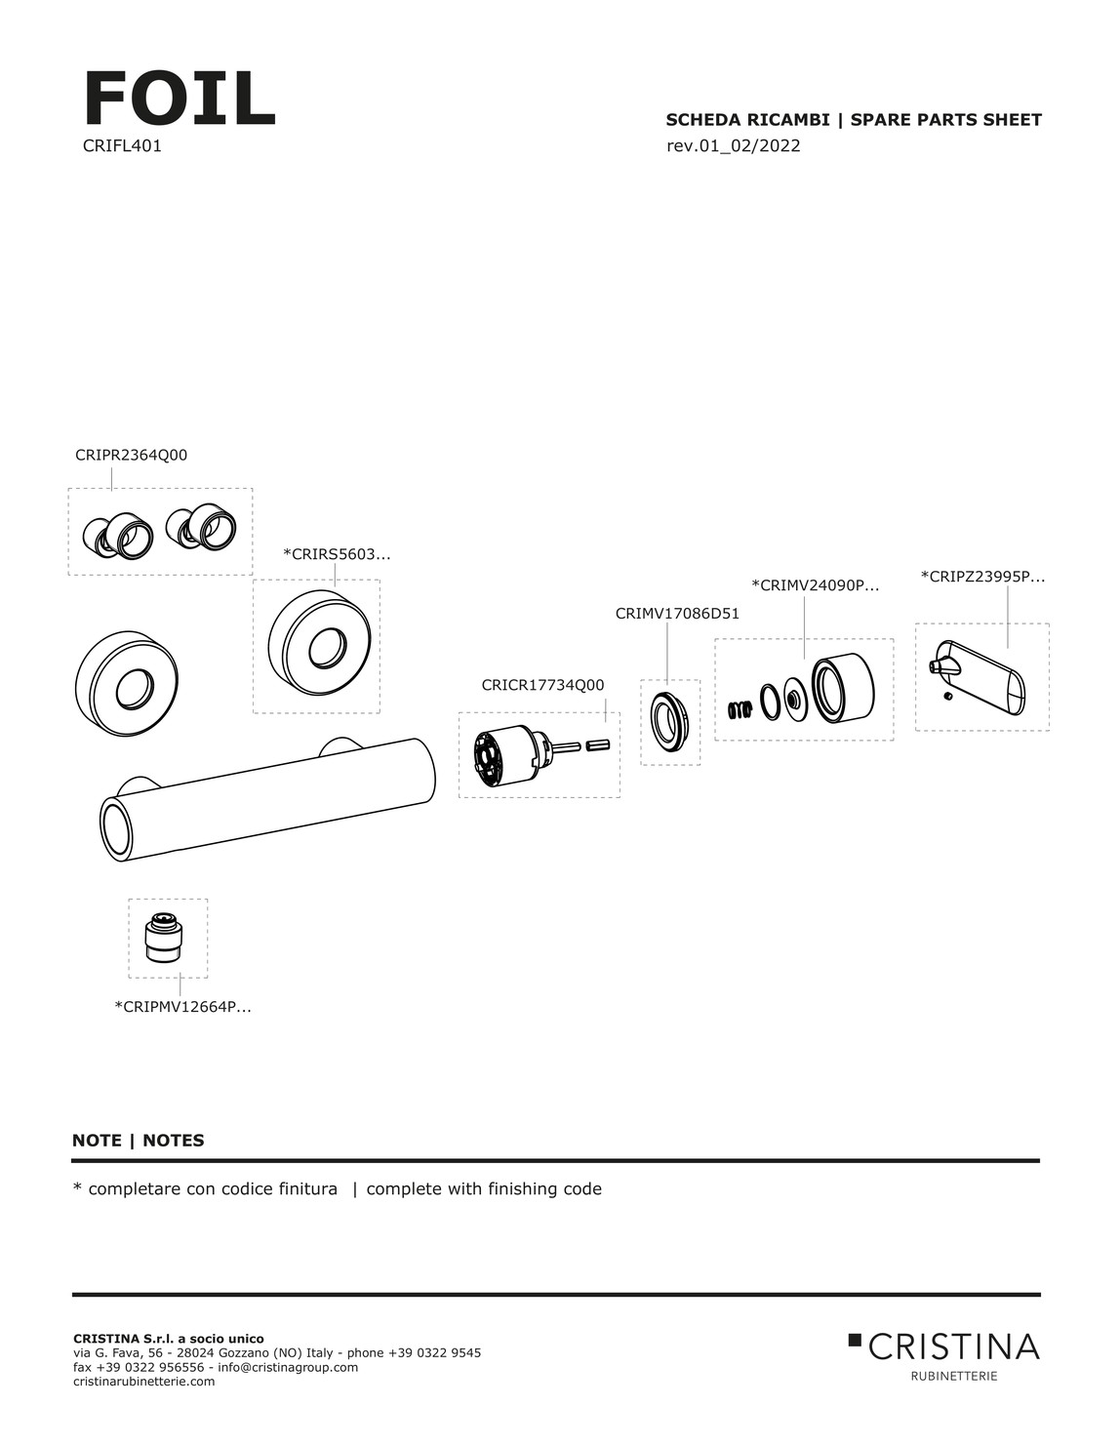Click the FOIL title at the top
(180, 100)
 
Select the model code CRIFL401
(122, 147)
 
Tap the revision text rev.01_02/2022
(733, 146)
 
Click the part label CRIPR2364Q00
(131, 455)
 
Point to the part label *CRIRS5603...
(337, 554)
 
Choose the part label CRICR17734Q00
(542, 685)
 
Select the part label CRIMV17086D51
(677, 614)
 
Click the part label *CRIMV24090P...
(816, 585)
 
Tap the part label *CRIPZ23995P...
(982, 577)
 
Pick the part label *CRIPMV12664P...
(183, 1006)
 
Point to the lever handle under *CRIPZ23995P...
(981, 674)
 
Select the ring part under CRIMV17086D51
(670, 720)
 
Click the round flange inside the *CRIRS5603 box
(317, 646)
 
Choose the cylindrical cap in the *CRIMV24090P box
(843, 688)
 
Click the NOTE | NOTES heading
(139, 1140)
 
